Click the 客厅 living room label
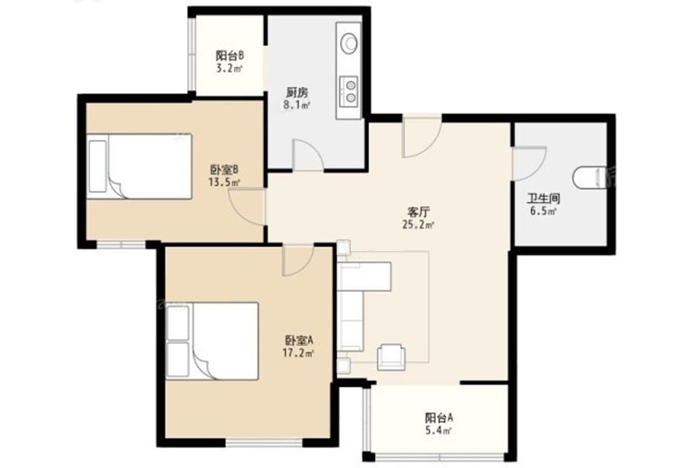point(418,212)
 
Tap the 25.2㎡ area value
point(418,225)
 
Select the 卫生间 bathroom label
point(544,198)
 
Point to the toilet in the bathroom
point(589,177)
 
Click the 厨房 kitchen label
point(297,92)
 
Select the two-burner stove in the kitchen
point(350,91)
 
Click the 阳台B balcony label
point(230,56)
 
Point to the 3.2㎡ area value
point(230,68)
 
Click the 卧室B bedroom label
point(225,170)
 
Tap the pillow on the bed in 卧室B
point(98,167)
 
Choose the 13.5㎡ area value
point(225,182)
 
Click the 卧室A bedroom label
point(299,340)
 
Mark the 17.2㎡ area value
point(299,353)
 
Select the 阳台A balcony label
point(439,418)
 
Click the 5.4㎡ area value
point(439,430)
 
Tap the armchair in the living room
point(391,357)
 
